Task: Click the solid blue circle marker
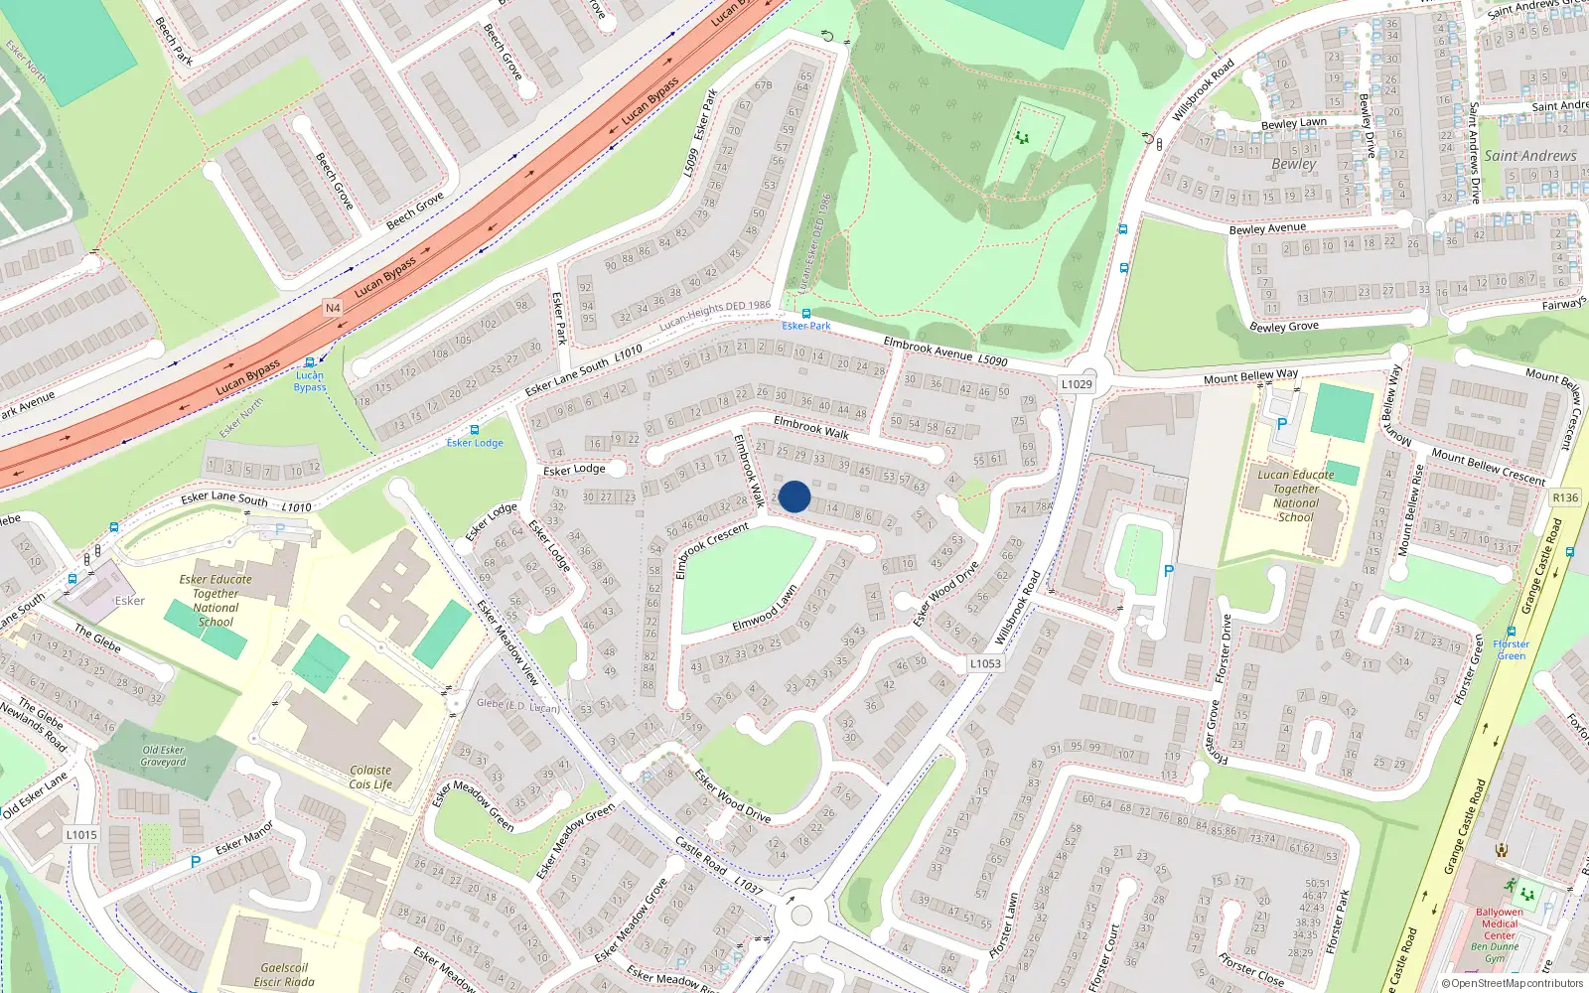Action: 794,496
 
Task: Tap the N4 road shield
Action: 333,308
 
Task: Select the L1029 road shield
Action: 1077,384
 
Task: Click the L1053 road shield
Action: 985,663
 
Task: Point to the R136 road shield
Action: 1565,497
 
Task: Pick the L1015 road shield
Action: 81,834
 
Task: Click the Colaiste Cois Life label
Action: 370,778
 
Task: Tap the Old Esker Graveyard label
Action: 163,756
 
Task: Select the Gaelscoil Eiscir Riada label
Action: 284,974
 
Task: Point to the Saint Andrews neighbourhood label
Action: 1530,156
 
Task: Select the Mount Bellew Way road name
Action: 1250,376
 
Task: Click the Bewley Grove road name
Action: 1284,326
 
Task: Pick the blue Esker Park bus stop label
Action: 805,326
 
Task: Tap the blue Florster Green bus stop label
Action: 1511,649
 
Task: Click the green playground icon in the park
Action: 1022,138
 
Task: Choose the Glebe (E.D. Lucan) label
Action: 517,705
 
